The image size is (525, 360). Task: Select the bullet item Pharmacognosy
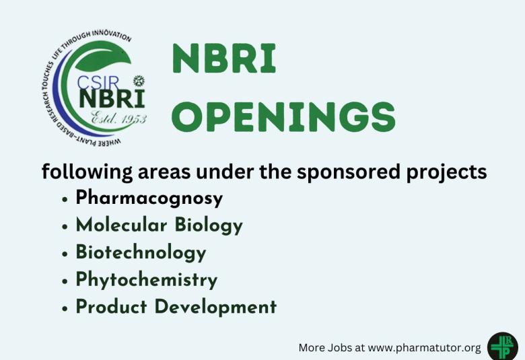(149, 199)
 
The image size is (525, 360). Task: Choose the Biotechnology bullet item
(141, 253)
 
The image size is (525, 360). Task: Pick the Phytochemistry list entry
(146, 280)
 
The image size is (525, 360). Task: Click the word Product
(111, 307)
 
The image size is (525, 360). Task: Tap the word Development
(216, 307)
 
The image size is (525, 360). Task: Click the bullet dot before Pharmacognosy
(64, 200)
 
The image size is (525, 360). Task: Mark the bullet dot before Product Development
(64, 308)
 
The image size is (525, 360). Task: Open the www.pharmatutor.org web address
(425, 348)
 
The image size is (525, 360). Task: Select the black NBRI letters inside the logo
(112, 100)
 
